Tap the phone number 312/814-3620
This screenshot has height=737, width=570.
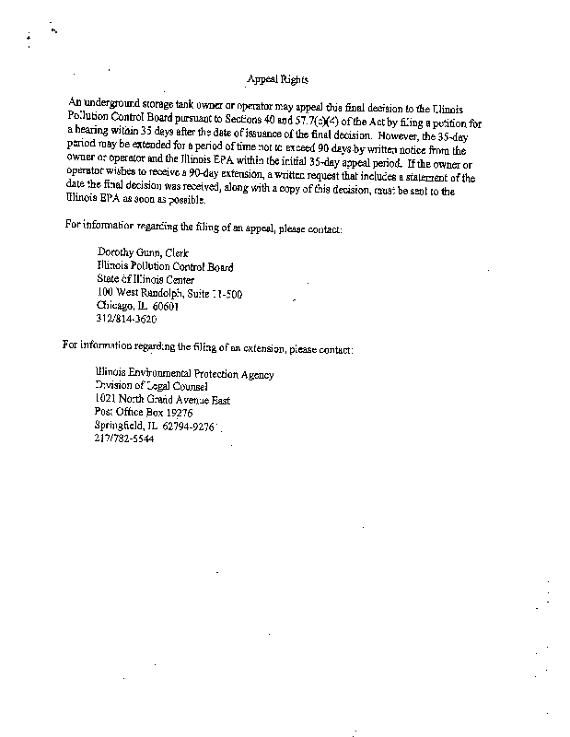point(126,320)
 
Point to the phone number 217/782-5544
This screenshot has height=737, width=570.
point(124,439)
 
